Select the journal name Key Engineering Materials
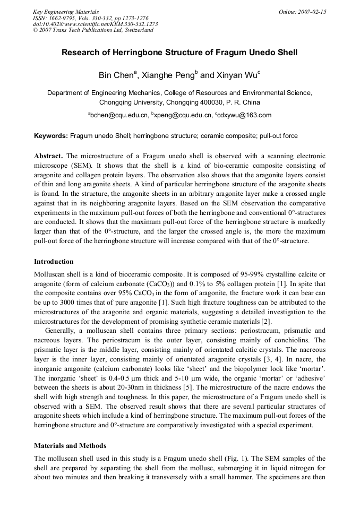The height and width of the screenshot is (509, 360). [x=66, y=12]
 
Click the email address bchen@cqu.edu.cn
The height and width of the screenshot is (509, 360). [x=119, y=115]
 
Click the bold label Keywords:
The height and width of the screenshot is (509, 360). [x=51, y=136]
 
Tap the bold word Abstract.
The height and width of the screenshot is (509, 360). [x=48, y=156]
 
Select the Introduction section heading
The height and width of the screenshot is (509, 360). [x=54, y=262]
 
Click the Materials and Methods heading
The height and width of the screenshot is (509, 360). [x=70, y=445]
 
